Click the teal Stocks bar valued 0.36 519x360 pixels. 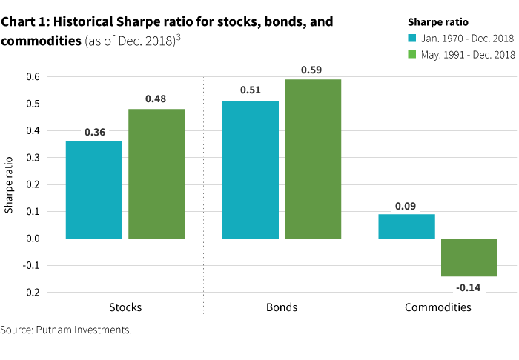coord(94,190)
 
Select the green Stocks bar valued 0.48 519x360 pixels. coord(156,173)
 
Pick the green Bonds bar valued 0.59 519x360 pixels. coord(313,159)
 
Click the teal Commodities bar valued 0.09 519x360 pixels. coord(406,226)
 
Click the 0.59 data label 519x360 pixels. coord(313,70)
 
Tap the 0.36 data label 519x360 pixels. coord(94,132)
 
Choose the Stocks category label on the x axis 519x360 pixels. coord(125,307)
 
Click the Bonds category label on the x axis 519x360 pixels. coord(282,307)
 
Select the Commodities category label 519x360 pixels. coord(437,307)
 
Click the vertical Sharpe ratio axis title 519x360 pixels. coord(10,184)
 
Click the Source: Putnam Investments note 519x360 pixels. coord(66,330)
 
